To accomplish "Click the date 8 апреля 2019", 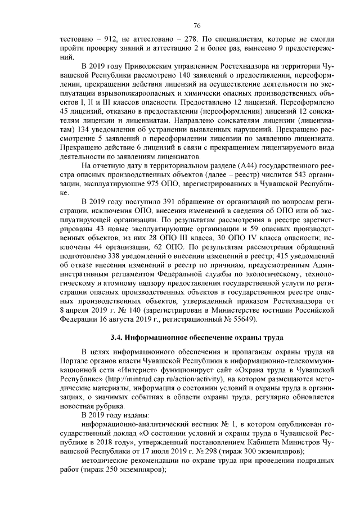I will point(85,310).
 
